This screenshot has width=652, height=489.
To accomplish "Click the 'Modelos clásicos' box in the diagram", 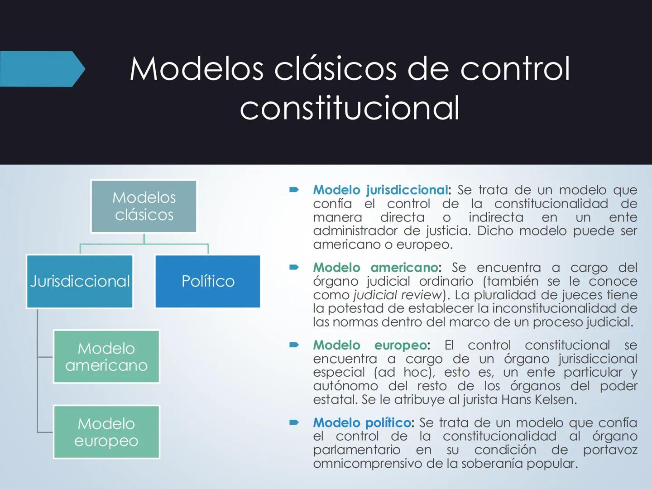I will pyautogui.click(x=144, y=206).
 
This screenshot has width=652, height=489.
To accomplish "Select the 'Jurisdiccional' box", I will pyautogui.click(x=80, y=281).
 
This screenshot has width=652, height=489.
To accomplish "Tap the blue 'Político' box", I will pyautogui.click(x=208, y=281).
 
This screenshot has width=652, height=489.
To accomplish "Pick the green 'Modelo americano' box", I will pyautogui.click(x=106, y=357).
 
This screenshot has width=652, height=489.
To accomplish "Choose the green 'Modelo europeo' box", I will pyautogui.click(x=106, y=432).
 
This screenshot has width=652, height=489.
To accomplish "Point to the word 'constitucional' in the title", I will pyautogui.click(x=350, y=108).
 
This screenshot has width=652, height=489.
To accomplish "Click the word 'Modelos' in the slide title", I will pyautogui.click(x=197, y=69).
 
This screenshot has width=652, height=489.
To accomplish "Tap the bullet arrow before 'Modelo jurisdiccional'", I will pyautogui.click(x=294, y=190).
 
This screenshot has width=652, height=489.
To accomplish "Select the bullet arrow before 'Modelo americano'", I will pyautogui.click(x=294, y=268).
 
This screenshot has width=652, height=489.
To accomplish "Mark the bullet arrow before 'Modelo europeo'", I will pyautogui.click(x=294, y=345).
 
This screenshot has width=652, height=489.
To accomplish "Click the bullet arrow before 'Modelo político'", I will pyautogui.click(x=294, y=422).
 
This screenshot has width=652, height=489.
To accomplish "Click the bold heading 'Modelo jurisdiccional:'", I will pyautogui.click(x=382, y=190).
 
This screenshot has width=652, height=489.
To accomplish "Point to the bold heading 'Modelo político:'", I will pyautogui.click(x=363, y=422).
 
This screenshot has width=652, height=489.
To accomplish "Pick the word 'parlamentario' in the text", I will pyautogui.click(x=357, y=450).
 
